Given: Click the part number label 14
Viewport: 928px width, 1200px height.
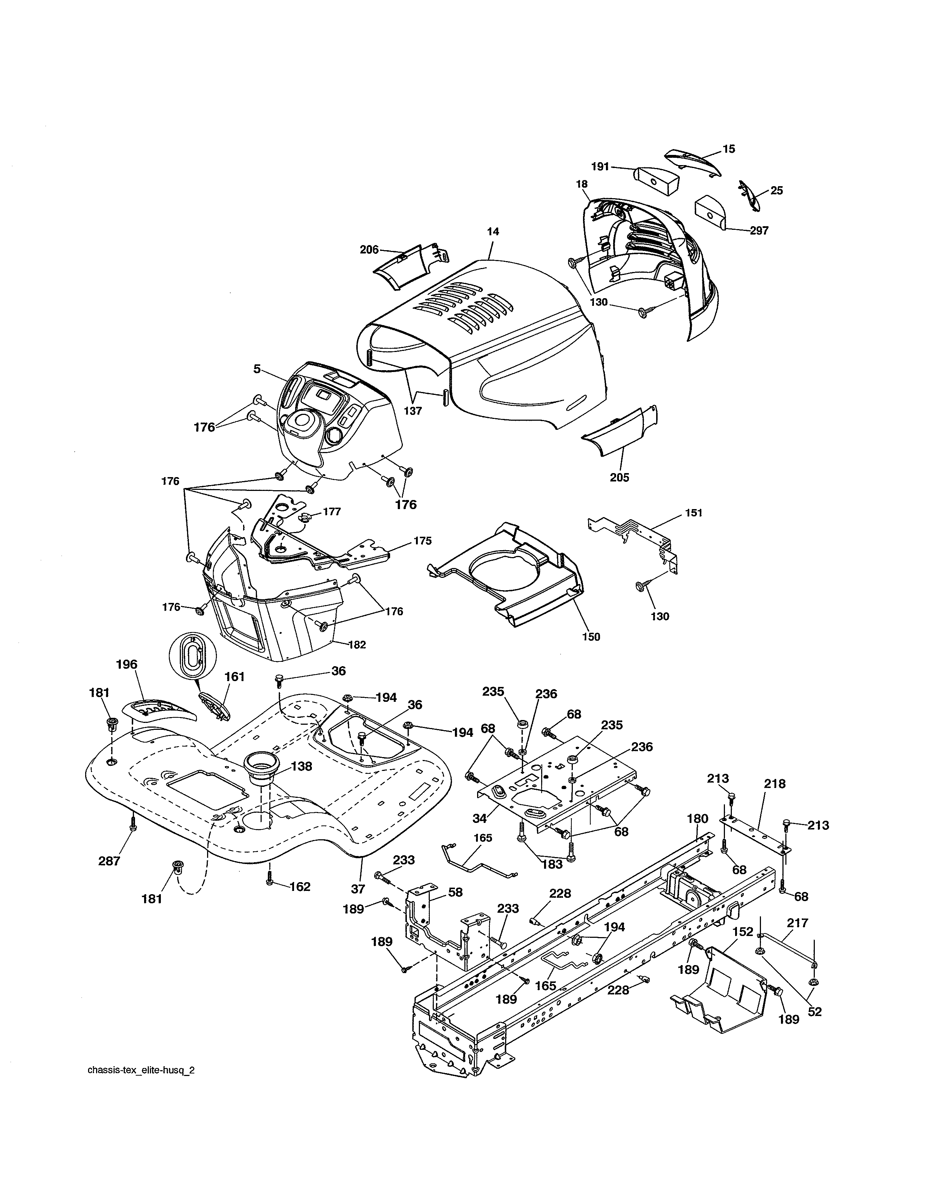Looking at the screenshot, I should [x=493, y=232].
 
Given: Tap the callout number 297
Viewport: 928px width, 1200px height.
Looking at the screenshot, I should [x=759, y=231].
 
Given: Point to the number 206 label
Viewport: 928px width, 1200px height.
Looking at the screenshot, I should [x=369, y=250].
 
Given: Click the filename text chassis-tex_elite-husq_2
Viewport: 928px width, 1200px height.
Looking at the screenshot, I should [x=141, y=1086].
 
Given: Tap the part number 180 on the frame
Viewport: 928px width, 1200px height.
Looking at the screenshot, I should [x=697, y=834].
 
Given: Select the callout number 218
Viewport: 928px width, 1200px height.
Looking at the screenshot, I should [x=775, y=784].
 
